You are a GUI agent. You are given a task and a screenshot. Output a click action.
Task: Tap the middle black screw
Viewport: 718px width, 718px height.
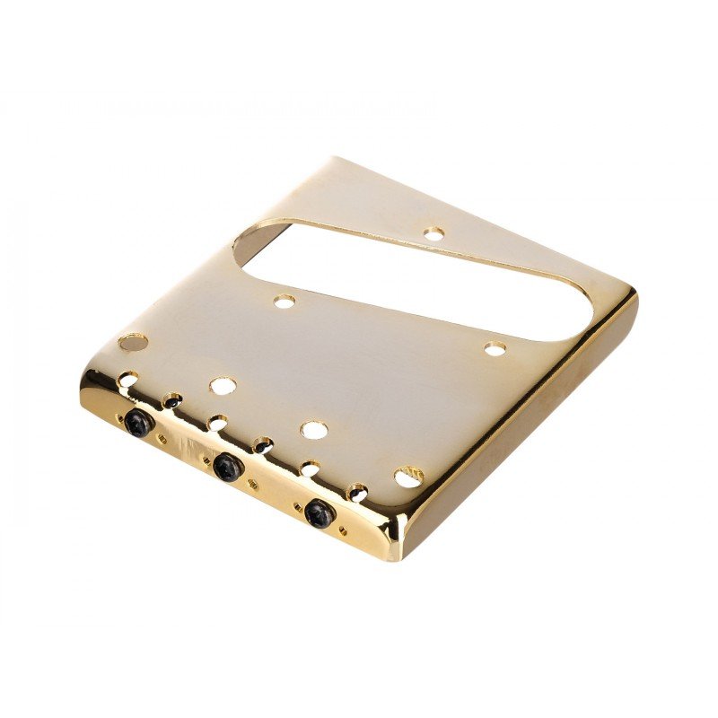(227, 465)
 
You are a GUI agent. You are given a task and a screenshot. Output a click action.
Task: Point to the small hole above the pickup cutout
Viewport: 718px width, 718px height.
(433, 235)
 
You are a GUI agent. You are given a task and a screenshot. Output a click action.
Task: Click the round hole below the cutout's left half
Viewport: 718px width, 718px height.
(285, 302)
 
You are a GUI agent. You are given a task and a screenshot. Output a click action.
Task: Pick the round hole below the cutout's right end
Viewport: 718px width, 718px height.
(495, 348)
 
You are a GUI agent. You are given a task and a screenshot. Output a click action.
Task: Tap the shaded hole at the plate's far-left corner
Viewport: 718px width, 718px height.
(133, 342)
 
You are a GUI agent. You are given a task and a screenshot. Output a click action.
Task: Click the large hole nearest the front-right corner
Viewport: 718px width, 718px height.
(408, 476)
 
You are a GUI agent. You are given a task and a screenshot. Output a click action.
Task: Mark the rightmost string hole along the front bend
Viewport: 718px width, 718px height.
(356, 491)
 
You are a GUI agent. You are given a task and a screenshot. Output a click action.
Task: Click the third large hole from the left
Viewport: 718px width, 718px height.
(313, 430)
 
